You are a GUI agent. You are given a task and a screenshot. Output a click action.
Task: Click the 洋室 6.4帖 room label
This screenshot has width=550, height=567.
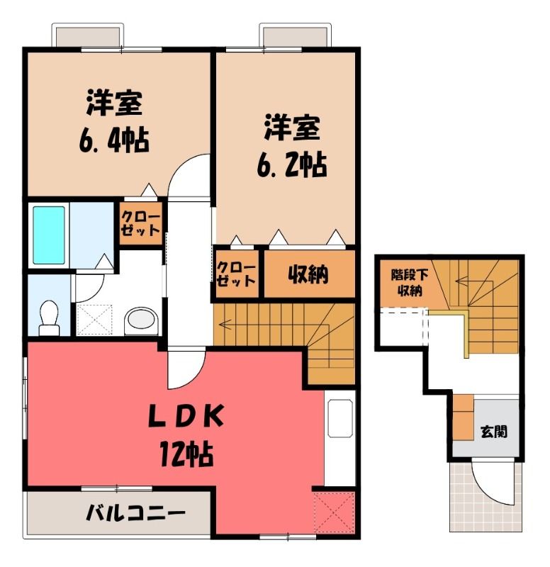[114, 122]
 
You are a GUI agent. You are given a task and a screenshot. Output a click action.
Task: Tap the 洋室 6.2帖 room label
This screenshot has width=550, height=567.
[292, 146]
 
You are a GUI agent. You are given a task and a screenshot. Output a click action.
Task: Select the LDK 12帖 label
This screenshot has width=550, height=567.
[186, 436]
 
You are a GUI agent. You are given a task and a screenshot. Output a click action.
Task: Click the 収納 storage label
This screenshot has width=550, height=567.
[308, 274]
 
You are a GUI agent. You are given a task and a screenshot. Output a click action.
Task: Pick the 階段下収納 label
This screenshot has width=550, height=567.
[410, 283]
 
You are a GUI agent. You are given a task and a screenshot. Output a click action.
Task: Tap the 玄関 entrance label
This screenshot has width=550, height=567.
[493, 432]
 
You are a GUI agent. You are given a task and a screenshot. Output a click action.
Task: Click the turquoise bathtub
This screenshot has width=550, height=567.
[49, 235]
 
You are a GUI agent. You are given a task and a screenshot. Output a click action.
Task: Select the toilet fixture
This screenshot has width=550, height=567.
[49, 318]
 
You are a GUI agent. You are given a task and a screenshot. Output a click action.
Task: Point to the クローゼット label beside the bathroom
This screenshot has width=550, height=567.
[140, 224]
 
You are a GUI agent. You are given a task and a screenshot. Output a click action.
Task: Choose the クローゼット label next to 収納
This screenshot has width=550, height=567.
[236, 274]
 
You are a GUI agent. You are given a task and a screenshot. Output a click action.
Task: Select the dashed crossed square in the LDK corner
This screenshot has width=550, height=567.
[333, 512]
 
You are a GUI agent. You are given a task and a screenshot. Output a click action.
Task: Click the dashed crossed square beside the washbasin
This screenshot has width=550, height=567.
[95, 320]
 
